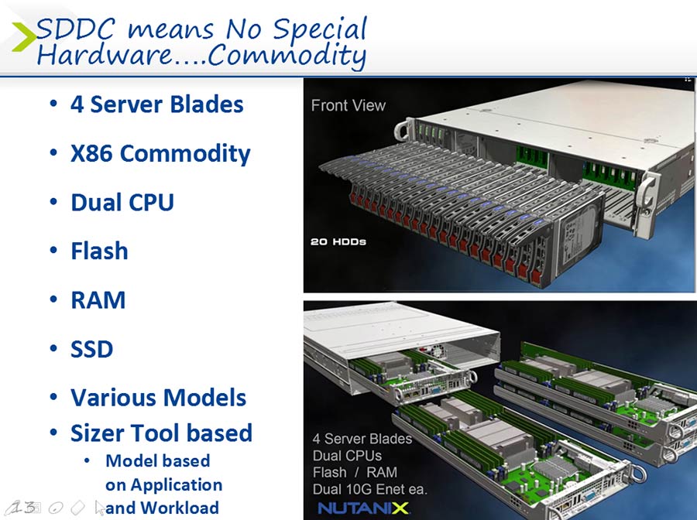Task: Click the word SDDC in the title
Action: click(75, 29)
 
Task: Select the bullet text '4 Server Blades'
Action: click(157, 104)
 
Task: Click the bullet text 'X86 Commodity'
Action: click(160, 154)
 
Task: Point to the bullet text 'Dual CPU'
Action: click(122, 202)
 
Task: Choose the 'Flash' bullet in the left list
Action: click(100, 251)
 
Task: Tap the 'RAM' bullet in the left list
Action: click(98, 299)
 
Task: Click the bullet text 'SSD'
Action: click(92, 349)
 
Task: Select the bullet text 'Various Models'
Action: click(158, 398)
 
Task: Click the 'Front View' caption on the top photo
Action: click(348, 105)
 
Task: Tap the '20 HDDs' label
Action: click(338, 241)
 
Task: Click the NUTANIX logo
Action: click(363, 508)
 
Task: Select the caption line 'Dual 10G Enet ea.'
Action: click(370, 489)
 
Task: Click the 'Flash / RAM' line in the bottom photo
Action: click(355, 472)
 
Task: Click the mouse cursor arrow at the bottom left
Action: click(100, 507)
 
